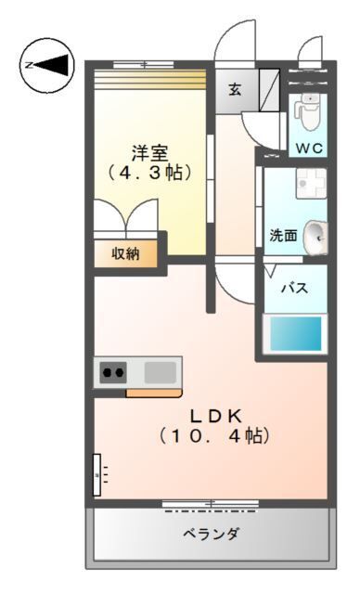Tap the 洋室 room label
click(x=148, y=152)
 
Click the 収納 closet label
click(x=126, y=252)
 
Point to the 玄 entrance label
click(x=236, y=90)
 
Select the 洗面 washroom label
click(x=283, y=236)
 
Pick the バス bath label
click(x=295, y=288)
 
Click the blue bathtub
click(x=295, y=332)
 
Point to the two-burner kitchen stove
click(x=113, y=373)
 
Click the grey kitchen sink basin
click(x=160, y=372)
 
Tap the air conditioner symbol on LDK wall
click(x=98, y=475)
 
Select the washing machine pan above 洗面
click(x=307, y=183)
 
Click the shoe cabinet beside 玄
click(x=268, y=90)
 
